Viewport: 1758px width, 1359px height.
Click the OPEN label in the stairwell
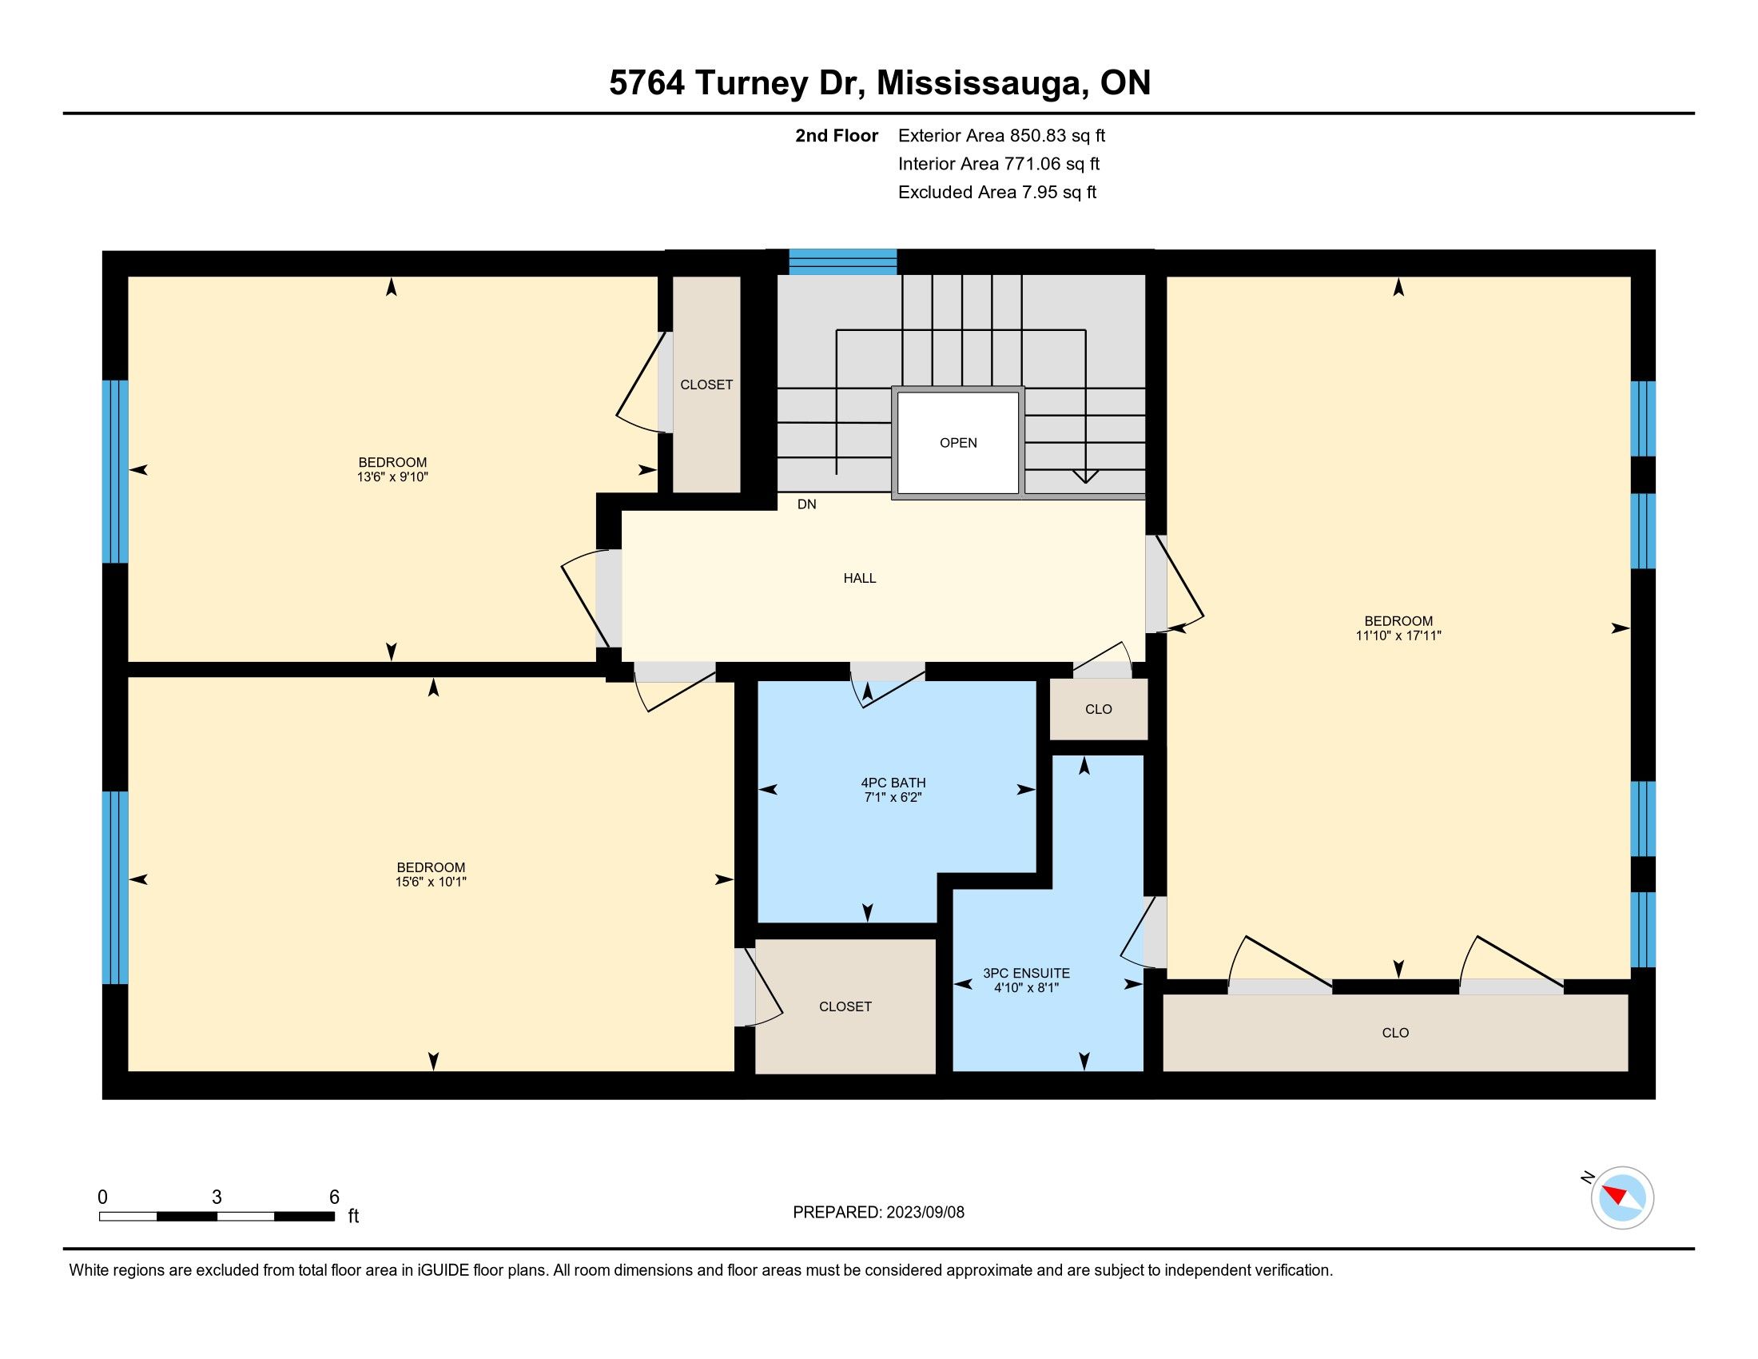pyautogui.click(x=958, y=443)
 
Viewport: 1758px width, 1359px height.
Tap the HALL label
pyautogui.click(x=860, y=578)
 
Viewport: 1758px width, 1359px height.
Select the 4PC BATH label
pyautogui.click(x=893, y=783)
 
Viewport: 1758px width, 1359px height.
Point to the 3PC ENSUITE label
pyautogui.click(x=1026, y=974)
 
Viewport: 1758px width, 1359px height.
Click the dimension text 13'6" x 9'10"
pyautogui.click(x=393, y=476)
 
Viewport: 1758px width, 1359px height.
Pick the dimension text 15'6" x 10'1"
pyautogui.click(x=431, y=882)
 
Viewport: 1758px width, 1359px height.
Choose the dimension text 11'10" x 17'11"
pyautogui.click(x=1398, y=636)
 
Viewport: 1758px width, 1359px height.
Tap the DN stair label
pyautogui.click(x=806, y=504)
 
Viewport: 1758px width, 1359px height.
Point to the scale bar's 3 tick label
pyautogui.click(x=217, y=1198)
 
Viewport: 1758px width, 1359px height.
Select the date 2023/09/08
pyautogui.click(x=925, y=1213)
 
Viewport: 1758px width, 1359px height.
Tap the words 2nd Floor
pyautogui.click(x=837, y=135)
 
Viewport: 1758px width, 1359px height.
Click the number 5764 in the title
pyautogui.click(x=647, y=83)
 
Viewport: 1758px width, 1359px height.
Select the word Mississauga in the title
pyautogui.click(x=979, y=84)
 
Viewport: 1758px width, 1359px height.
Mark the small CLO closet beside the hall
pyautogui.click(x=1099, y=709)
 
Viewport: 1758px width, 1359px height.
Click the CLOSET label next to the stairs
pyautogui.click(x=706, y=385)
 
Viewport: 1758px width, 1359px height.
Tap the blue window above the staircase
pyautogui.click(x=843, y=262)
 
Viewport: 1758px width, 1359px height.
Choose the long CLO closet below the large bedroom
pyautogui.click(x=1396, y=1033)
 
